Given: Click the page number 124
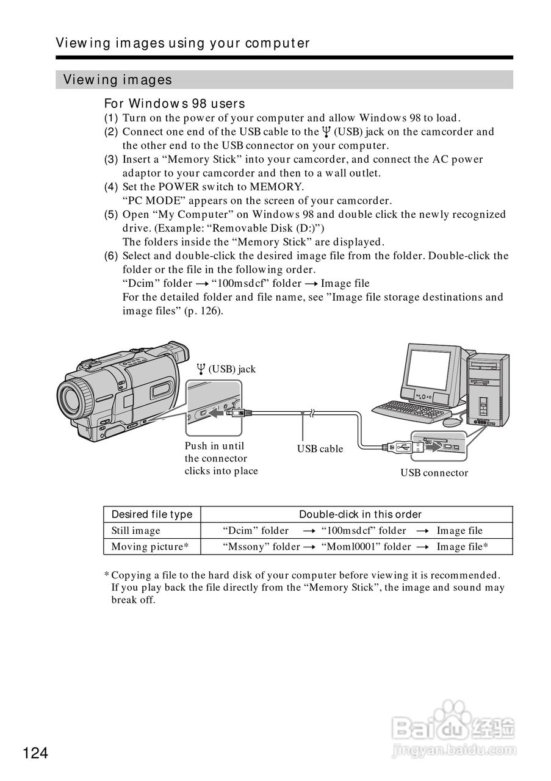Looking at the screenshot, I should pos(36,754).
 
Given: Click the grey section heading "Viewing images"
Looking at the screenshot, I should pos(117,80).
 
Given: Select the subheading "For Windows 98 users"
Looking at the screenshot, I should pos(175,104).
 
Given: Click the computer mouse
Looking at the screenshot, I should pos(452,422).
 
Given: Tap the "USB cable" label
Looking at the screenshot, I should pos(320,449).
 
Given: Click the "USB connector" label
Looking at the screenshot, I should pos(434,473).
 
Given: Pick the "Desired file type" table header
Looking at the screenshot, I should pos(151,514).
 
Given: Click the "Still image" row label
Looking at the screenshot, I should pos(135,531).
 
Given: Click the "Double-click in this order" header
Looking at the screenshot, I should pos(360,514).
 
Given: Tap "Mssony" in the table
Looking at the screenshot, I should pos(247,547).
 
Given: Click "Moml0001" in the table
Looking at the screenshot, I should pos(346,547).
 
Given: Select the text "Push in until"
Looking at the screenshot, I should pos(214,446).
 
